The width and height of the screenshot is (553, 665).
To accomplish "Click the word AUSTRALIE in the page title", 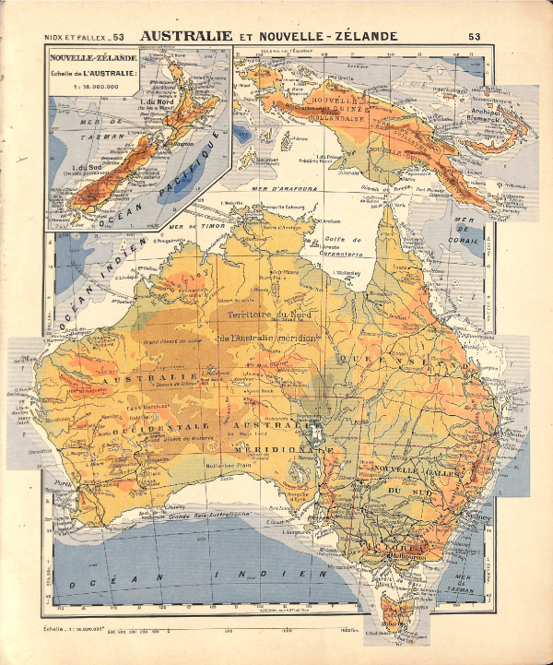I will (184, 36).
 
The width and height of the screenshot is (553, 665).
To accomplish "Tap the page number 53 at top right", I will (475, 37).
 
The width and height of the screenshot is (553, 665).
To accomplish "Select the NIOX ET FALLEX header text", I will (77, 38).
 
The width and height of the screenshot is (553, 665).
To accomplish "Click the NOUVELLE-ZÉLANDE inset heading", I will (90, 57).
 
